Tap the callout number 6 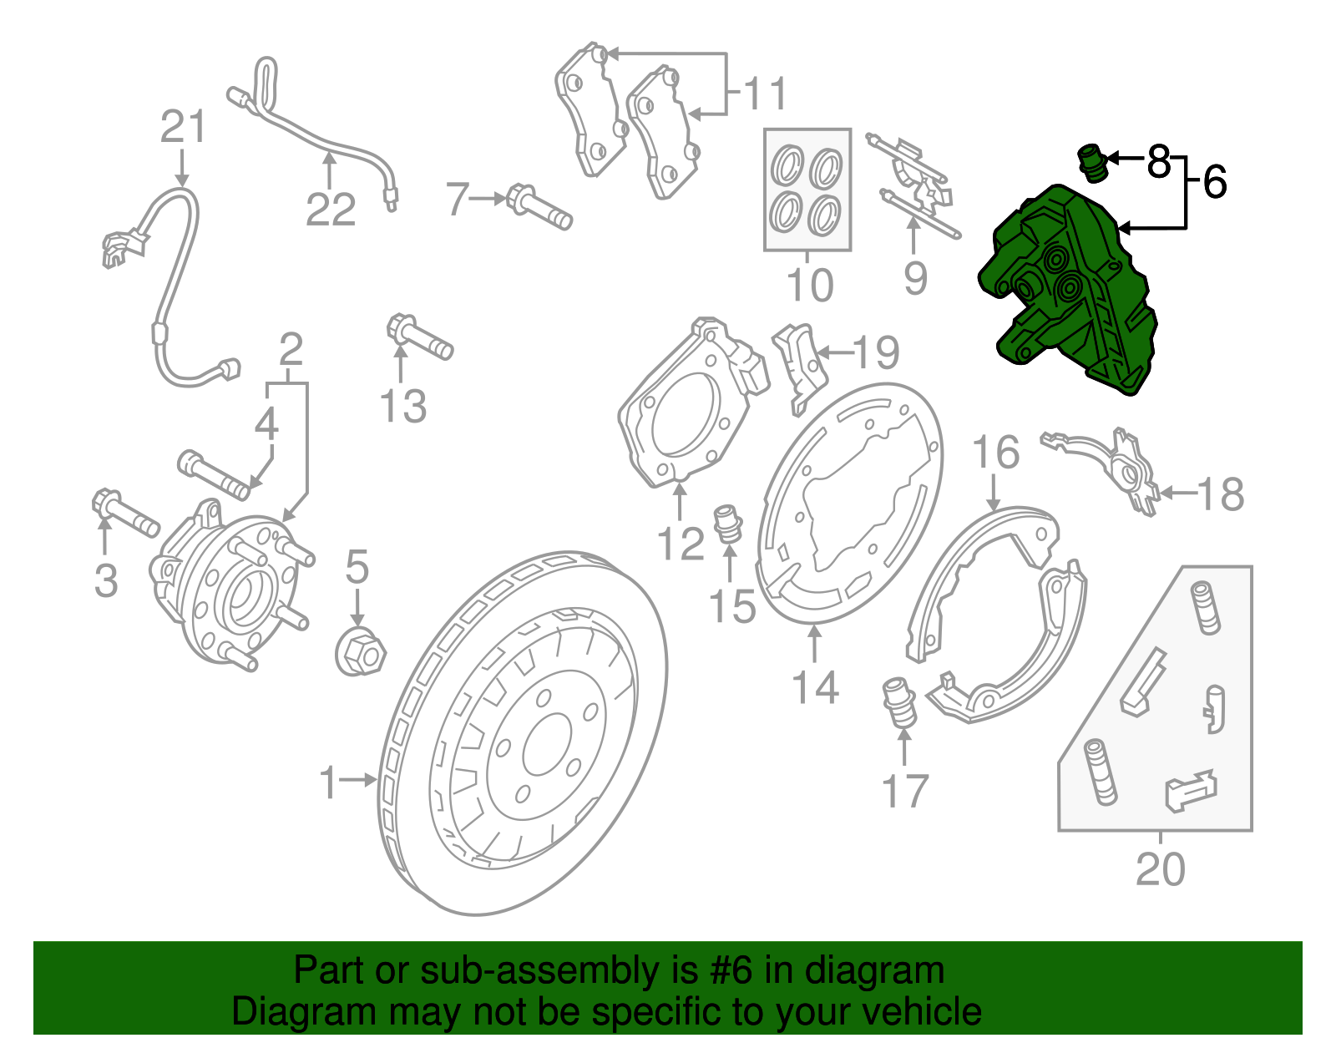pos(1214,181)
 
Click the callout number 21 pos(183,128)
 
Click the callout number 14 pos(815,687)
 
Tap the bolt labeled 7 pos(539,207)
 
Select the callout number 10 pos(810,286)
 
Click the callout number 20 pos(1160,869)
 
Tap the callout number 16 pos(995,452)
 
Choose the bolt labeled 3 pos(125,514)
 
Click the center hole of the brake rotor pos(546,750)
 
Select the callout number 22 pos(331,209)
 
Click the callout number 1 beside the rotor pos(328,782)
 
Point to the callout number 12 pos(681,544)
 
